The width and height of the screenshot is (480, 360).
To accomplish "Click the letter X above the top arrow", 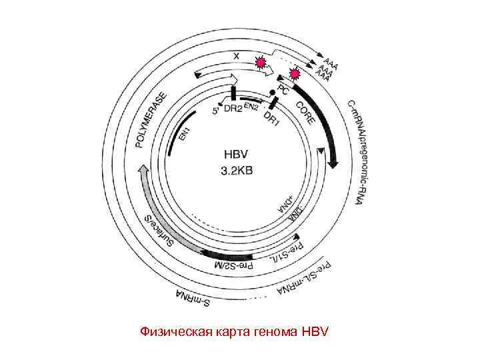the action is pyautogui.click(x=236, y=56).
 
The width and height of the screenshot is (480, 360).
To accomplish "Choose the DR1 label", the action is pyautogui.click(x=272, y=118).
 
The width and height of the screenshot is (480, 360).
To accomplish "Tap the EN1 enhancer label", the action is pyautogui.click(x=184, y=133).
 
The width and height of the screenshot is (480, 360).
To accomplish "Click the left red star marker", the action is pyautogui.click(x=261, y=64).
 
